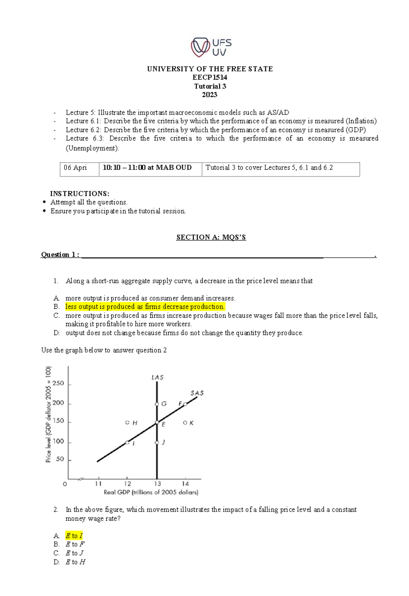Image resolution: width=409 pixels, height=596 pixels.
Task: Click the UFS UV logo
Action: tap(211, 47)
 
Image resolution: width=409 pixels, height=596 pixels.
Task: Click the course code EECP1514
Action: tap(210, 77)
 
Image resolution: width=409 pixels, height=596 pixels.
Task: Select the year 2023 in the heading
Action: tap(209, 95)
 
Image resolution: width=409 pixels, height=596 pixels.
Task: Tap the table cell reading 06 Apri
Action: tap(75, 168)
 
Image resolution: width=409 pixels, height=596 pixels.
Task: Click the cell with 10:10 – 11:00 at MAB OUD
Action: tap(147, 168)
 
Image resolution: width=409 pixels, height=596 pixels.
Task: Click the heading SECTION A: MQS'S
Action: tap(211, 237)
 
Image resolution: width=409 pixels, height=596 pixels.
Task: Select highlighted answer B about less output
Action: tap(145, 307)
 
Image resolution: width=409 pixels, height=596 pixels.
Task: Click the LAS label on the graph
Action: tap(157, 377)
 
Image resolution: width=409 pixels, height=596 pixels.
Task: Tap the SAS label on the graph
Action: tap(197, 393)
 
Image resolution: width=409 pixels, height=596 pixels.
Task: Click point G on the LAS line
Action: tap(157, 404)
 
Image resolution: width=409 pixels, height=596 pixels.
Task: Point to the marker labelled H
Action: tap(127, 423)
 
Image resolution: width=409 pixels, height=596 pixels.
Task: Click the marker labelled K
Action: tap(185, 423)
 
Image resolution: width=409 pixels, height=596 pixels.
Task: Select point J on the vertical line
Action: tap(157, 442)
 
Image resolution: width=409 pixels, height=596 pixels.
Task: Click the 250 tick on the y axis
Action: tap(58, 383)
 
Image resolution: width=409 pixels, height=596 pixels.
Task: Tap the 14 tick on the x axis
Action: tap(185, 483)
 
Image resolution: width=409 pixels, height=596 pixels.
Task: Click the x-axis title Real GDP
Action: tap(151, 492)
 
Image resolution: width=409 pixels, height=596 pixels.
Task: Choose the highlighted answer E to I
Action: tap(74, 536)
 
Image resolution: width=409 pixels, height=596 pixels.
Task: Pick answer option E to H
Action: tap(75, 562)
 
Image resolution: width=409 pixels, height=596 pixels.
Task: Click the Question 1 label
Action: tap(60, 255)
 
